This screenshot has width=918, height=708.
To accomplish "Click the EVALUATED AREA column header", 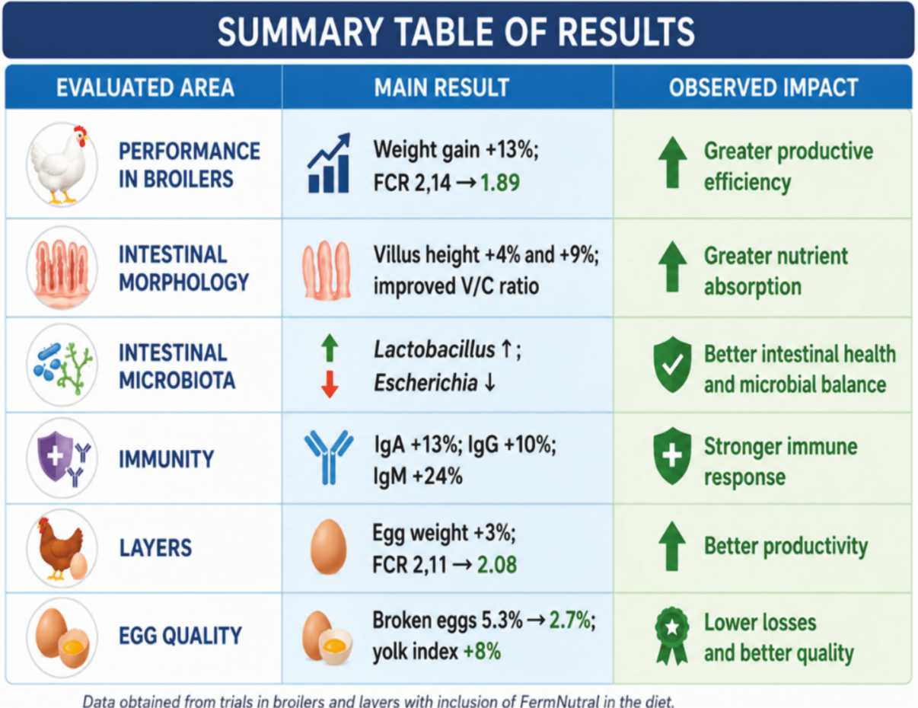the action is [145, 88].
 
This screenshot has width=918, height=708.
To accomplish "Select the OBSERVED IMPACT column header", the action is [763, 88].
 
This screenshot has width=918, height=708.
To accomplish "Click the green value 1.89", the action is [500, 183].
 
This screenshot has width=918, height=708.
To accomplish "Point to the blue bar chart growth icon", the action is [329, 163].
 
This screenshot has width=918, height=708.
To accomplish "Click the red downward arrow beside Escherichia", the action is [330, 384].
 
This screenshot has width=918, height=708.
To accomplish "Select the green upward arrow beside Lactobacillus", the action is [330, 348].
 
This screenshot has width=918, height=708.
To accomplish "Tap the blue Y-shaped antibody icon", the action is [329, 457].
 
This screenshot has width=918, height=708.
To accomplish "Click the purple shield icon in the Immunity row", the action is [54, 456].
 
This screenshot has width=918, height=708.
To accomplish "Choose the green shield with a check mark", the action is [672, 364].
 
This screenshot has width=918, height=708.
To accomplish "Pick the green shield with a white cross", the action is [672, 456].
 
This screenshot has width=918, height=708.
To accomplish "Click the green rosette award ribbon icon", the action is [671, 636].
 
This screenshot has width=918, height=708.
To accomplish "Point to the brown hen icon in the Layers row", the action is [60, 548].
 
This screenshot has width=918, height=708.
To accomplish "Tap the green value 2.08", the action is [497, 565].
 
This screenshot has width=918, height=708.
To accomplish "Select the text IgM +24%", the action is [418, 477].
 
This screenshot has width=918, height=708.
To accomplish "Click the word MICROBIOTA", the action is [177, 380].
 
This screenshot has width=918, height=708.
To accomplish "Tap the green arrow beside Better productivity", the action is [672, 546].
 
